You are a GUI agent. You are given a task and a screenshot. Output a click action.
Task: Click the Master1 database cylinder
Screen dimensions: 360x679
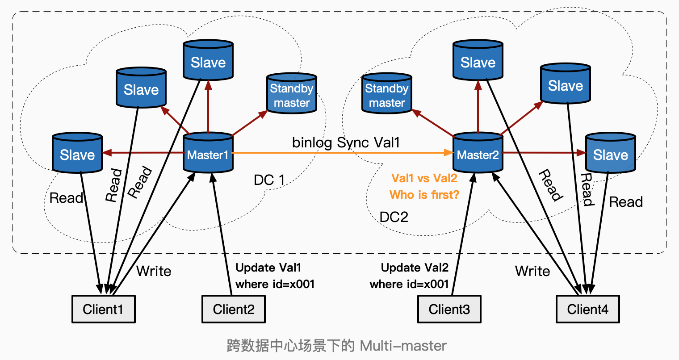[x=208, y=153]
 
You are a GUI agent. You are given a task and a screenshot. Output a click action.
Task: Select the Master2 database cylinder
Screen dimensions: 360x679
[x=478, y=153]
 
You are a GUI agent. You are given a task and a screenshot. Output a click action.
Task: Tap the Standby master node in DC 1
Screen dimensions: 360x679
[x=292, y=94]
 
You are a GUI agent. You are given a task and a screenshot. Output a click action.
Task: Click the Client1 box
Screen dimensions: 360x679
[x=104, y=309]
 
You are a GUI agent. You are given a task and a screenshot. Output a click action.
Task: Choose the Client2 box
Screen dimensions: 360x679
[x=234, y=309]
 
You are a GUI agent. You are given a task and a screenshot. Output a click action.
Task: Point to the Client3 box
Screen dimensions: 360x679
[x=449, y=309]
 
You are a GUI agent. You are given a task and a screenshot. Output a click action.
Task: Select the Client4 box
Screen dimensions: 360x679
[x=587, y=309]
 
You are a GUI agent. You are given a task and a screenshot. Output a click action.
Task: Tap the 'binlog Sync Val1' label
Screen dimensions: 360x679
[x=346, y=142]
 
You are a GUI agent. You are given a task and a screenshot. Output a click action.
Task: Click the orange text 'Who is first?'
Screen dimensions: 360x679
[x=424, y=195]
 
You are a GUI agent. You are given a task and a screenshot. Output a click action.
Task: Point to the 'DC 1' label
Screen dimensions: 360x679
[x=269, y=180]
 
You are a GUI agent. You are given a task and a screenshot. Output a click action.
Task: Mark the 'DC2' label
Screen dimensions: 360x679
[x=394, y=217]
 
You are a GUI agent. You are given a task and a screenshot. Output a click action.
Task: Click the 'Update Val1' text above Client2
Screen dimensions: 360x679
[x=268, y=268]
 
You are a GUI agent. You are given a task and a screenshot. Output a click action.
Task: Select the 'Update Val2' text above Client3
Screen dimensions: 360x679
[x=415, y=268]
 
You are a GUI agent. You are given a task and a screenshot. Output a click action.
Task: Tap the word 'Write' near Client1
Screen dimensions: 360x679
[x=154, y=271]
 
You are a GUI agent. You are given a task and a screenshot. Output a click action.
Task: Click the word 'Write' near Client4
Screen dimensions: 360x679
[x=532, y=271]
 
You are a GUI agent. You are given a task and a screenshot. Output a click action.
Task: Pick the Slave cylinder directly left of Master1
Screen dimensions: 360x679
[x=77, y=153]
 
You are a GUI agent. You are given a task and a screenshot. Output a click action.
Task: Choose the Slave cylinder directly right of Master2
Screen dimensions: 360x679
[x=610, y=153]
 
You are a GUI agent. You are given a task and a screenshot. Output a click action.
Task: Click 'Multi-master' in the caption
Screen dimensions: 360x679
[x=403, y=346]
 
